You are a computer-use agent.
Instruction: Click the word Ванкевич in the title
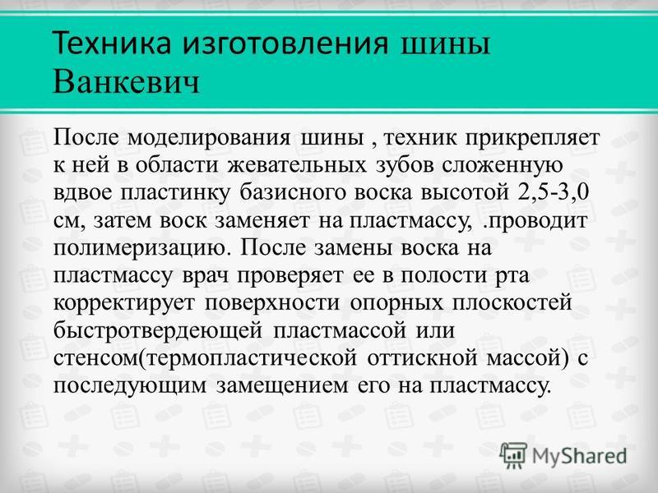127,81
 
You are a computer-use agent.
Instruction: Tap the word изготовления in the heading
285,44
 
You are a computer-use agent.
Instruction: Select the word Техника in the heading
112,43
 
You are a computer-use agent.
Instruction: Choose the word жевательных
298,165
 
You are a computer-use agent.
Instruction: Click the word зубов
405,166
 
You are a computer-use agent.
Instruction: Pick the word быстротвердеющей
158,331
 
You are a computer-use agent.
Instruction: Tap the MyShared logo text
580,456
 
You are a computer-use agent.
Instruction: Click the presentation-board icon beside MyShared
513,456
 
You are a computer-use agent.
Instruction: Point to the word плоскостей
512,302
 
